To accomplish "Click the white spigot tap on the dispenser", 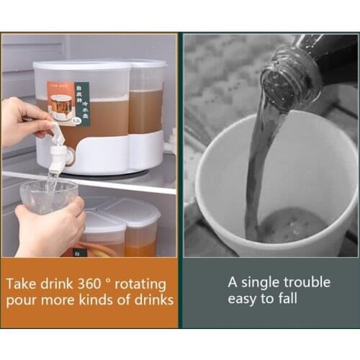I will coord(58,150).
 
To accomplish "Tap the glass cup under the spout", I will coord(48,197).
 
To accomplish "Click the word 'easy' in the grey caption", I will coord(243,298).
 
